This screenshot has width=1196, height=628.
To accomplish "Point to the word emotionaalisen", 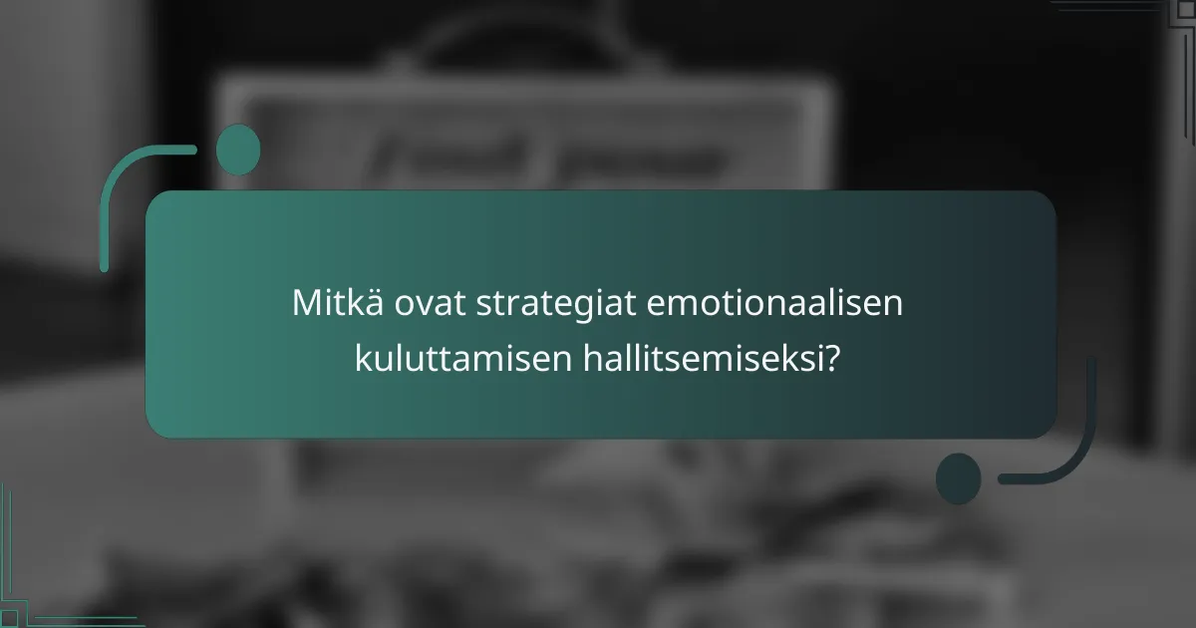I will pyautogui.click(x=774, y=303).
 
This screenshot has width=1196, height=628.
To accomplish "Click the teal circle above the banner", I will pyautogui.click(x=238, y=150).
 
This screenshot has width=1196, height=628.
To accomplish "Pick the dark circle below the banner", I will pyautogui.click(x=958, y=477).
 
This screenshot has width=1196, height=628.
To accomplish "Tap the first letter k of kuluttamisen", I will pyautogui.click(x=362, y=359).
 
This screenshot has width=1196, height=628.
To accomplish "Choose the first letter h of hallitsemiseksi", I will pyautogui.click(x=588, y=359).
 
